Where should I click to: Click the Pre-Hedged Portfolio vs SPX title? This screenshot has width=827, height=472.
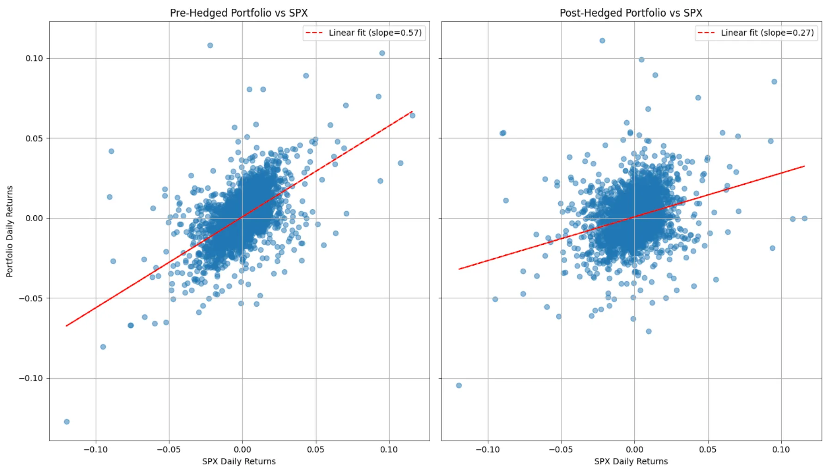[238, 13]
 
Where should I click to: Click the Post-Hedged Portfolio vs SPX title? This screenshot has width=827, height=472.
[631, 13]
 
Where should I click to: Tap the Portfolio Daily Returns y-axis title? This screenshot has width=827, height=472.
[10, 231]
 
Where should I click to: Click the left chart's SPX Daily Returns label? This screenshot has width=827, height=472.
[238, 461]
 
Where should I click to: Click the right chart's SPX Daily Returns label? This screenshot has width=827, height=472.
[631, 461]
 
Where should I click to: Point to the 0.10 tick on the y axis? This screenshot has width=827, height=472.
[34, 58]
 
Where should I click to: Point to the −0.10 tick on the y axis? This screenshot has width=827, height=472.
[31, 378]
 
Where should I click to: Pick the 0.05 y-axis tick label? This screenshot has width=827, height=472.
[34, 138]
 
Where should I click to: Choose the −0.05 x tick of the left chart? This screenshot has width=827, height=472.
[169, 449]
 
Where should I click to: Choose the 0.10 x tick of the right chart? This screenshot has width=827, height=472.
[781, 449]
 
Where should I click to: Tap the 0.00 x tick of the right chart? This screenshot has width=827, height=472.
[634, 449]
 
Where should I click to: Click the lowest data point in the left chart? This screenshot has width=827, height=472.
[67, 422]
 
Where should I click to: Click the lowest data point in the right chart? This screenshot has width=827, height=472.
[459, 385]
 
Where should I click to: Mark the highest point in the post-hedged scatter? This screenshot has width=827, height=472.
[602, 41]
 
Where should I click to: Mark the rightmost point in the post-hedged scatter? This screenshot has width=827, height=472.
[804, 218]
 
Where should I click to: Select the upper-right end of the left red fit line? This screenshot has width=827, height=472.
[412, 111]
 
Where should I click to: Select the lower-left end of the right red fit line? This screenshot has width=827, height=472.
[459, 269]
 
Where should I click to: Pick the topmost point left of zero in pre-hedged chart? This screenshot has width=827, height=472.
[210, 45]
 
